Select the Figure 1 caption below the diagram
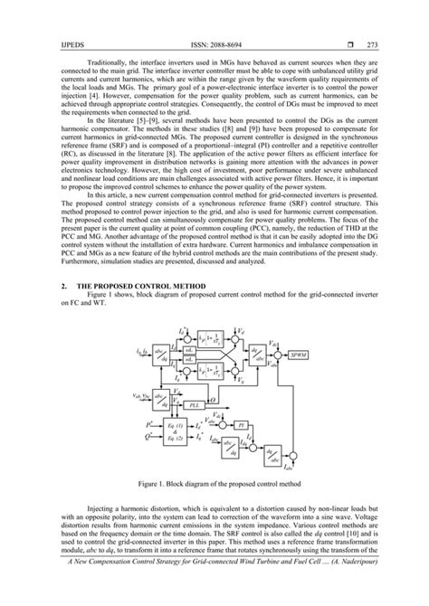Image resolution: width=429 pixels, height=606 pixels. point(214,484)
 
